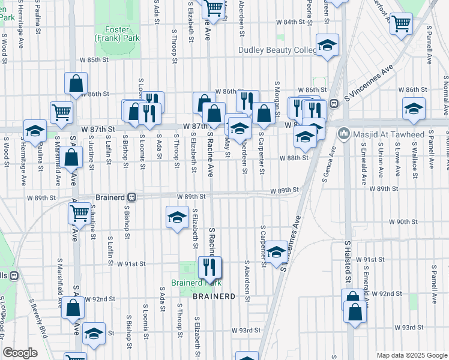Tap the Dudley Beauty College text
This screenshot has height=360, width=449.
(x=277, y=50)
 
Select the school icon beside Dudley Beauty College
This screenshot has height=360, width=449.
(x=327, y=45)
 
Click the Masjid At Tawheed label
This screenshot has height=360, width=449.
(x=381, y=133)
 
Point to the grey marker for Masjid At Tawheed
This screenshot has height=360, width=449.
(x=345, y=133)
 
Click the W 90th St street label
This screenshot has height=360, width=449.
(x=402, y=221)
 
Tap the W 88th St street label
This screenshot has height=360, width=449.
(x=294, y=158)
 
